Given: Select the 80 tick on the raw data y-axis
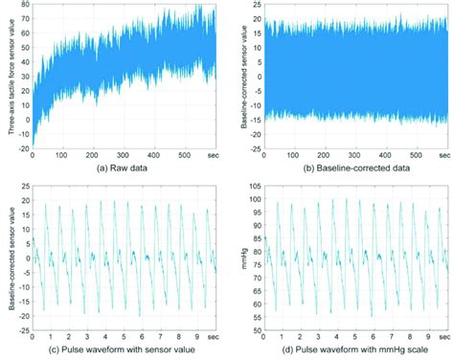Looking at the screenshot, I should point(24,5).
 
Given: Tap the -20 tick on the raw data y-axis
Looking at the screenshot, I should point(22,148).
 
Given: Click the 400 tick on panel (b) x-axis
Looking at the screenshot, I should point(381,156).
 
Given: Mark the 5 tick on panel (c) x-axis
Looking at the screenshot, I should point(125,338).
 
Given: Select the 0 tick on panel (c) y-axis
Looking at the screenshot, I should point(26,258).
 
